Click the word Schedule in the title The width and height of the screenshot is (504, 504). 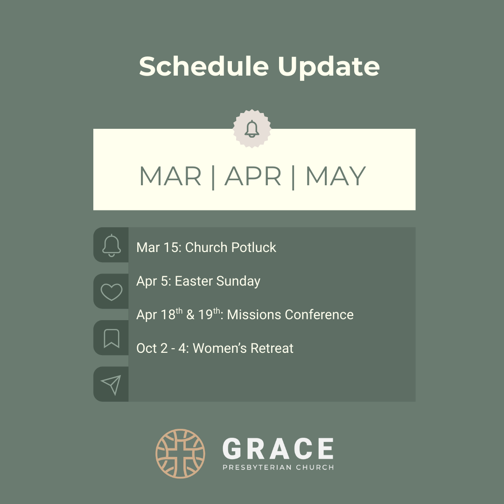coord(204,66)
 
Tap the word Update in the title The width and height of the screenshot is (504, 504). coord(329,67)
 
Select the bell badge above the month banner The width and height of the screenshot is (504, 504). coord(252,128)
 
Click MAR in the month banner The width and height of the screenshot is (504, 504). coord(170,176)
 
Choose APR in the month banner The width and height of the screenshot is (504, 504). coord(253,176)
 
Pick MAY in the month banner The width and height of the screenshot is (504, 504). coord(336,176)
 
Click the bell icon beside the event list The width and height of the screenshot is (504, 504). coord(111,245)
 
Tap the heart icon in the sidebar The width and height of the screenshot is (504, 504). coord(111,292)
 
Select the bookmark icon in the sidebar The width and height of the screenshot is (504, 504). coord(111,338)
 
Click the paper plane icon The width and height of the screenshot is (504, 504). coord(111,385)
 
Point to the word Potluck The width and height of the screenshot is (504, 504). coord(253,247)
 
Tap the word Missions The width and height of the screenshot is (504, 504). coord(254,315)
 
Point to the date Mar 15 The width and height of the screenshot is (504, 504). coord(158,247)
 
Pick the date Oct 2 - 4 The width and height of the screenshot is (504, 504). coord(163,348)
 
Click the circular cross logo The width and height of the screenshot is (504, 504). coord(180,454)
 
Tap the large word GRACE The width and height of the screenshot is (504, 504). coord(278,448)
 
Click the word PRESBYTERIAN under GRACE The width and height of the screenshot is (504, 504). coord(257,467)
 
